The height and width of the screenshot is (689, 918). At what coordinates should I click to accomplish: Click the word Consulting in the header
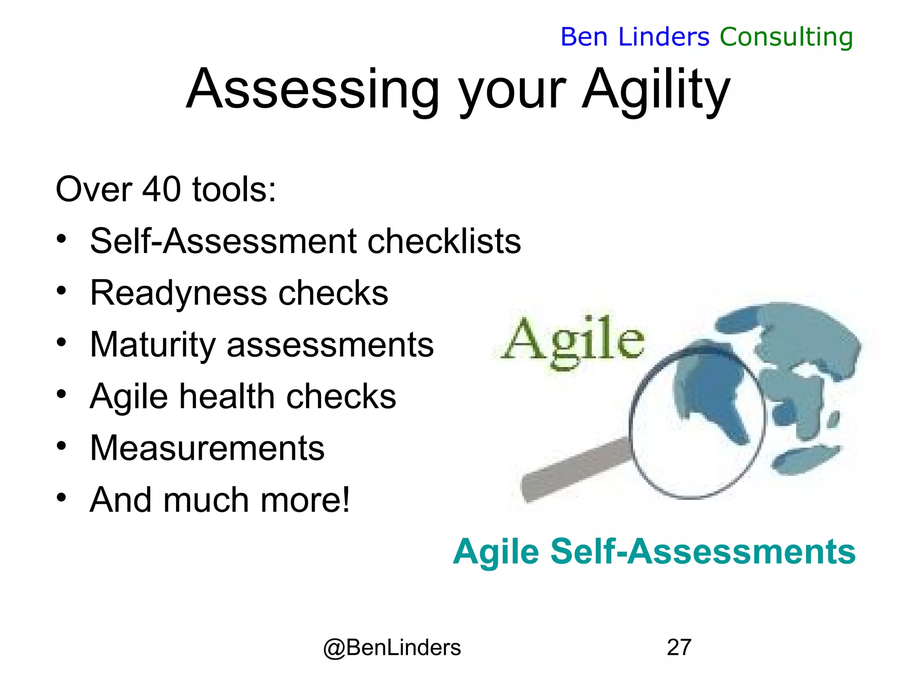tap(786, 37)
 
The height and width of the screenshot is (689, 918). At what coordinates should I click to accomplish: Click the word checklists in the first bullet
tap(444, 241)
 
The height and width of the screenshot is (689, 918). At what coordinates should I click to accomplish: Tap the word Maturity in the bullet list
tap(153, 344)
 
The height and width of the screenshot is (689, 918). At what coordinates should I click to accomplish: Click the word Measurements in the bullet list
tap(207, 448)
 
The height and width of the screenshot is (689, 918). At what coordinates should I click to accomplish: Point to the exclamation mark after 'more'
tap(345, 499)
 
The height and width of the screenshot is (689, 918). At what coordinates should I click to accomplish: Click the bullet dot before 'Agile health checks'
tap(61, 394)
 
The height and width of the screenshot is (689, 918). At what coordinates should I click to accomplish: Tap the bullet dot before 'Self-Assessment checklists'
tap(61, 239)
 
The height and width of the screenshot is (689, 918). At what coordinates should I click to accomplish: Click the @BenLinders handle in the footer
tap(392, 647)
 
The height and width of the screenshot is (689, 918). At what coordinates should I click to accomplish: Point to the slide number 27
tap(679, 647)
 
